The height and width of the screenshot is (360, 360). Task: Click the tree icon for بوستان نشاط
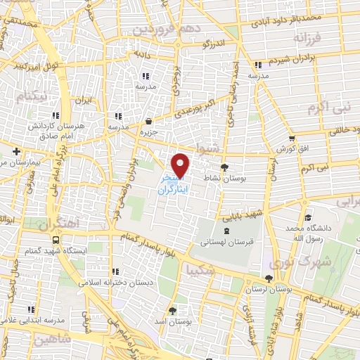pos(224,167)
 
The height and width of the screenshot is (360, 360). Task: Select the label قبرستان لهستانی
pos(226,241)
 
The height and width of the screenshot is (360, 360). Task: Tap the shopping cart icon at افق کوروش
pos(291,138)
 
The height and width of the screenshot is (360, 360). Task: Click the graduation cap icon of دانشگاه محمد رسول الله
pos(307,217)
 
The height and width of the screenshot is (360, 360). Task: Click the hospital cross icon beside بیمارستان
pos(16,151)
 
